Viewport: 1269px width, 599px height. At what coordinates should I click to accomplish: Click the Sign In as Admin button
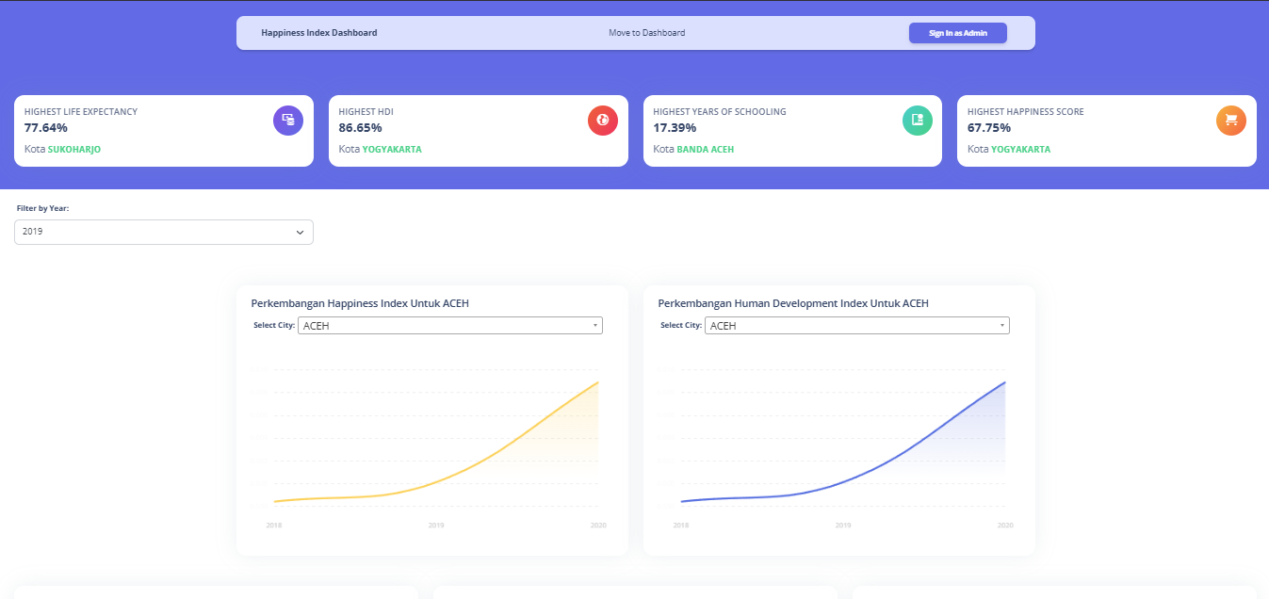pyautogui.click(x=957, y=33)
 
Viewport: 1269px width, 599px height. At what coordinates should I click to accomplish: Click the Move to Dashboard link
pyautogui.click(x=646, y=33)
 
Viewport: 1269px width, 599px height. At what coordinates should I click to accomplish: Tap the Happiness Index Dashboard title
pyautogui.click(x=318, y=33)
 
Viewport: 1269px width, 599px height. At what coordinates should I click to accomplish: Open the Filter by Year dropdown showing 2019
pyautogui.click(x=164, y=232)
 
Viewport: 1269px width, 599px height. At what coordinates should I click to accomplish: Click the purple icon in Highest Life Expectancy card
pyautogui.click(x=288, y=121)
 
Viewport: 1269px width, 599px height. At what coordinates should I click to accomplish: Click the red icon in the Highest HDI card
pyautogui.click(x=603, y=121)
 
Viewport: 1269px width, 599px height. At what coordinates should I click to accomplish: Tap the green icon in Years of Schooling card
pyautogui.click(x=918, y=121)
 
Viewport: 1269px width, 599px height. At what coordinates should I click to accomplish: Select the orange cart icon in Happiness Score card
pyautogui.click(x=1231, y=121)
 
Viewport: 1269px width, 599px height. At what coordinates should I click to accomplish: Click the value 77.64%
pyautogui.click(x=46, y=128)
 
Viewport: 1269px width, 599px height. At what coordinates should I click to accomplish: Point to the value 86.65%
pyautogui.click(x=360, y=128)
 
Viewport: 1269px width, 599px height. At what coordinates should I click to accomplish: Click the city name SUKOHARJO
pyautogui.click(x=74, y=150)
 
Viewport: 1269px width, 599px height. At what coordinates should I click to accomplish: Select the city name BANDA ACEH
pyautogui.click(x=705, y=150)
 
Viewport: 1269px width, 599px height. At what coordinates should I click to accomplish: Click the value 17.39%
pyautogui.click(x=675, y=128)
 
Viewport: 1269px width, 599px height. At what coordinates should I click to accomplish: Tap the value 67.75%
pyautogui.click(x=989, y=128)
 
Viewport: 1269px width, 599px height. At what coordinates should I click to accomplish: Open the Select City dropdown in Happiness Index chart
pyautogui.click(x=449, y=326)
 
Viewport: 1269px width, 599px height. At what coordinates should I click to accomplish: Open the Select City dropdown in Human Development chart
pyautogui.click(x=857, y=326)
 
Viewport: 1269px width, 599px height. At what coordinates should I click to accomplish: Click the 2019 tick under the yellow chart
pyautogui.click(x=436, y=525)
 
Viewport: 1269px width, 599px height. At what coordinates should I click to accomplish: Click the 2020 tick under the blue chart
pyautogui.click(x=1005, y=525)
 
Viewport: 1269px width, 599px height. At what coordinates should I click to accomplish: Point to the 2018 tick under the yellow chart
pyautogui.click(x=274, y=525)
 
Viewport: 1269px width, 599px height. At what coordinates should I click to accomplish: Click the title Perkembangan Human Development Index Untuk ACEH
pyautogui.click(x=793, y=303)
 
